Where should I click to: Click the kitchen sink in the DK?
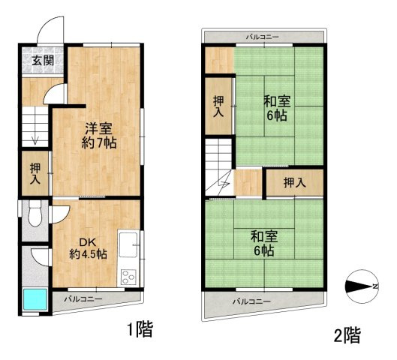[x=128, y=244]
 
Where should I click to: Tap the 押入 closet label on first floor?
[x=35, y=173]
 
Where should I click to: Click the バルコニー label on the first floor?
[x=83, y=298]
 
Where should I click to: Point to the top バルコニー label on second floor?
[x=263, y=37]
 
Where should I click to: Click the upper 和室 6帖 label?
[x=277, y=108]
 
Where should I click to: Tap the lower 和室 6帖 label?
[x=262, y=243]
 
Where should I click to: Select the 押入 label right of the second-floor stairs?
[x=294, y=182]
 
